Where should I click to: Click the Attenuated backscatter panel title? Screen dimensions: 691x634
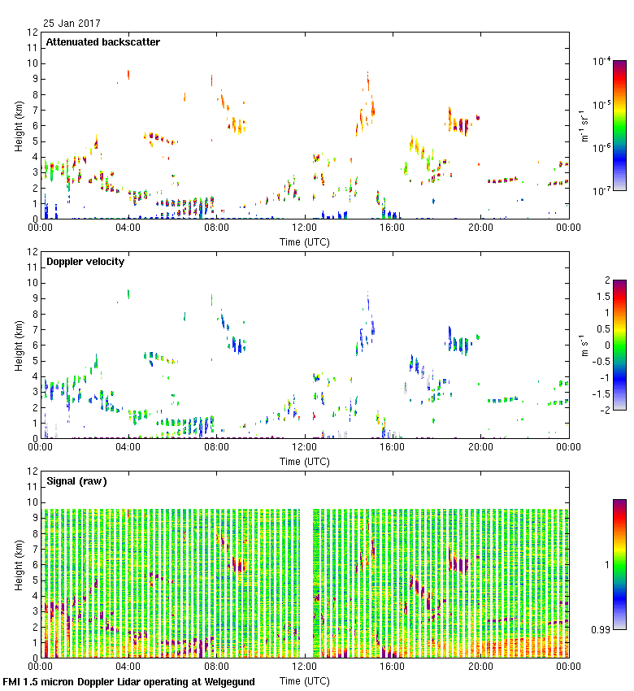coord(102,42)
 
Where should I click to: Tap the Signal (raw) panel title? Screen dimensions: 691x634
coord(76,481)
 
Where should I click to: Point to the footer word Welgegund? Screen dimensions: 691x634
coord(221,682)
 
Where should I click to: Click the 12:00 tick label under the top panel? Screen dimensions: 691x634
coord(304,228)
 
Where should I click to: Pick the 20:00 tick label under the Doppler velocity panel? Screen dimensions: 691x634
coord(480,447)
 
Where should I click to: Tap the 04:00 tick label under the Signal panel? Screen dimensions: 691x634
coord(128,667)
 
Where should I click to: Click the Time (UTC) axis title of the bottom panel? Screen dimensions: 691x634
coord(304,680)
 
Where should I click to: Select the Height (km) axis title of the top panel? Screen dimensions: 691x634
coord(19,125)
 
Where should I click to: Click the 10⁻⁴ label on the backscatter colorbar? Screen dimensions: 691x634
coord(602,61)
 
